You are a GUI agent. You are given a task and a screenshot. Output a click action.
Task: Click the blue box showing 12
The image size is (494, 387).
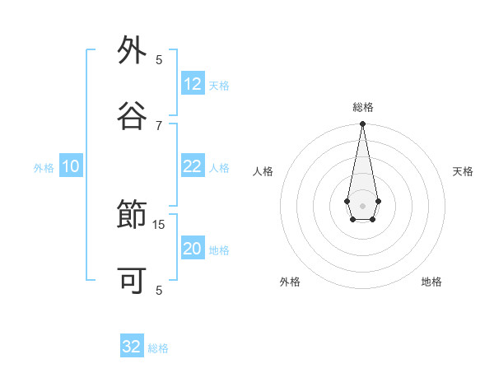tap(193, 84)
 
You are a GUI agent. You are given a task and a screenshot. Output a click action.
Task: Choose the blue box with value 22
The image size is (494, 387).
tap(193, 166)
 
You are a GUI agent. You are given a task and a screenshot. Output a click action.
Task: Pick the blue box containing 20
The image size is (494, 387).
tap(193, 249)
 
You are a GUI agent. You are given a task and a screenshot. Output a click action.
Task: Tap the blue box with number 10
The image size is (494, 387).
tap(71, 166)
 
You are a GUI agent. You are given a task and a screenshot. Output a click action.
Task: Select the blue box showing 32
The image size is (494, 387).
tap(132, 347)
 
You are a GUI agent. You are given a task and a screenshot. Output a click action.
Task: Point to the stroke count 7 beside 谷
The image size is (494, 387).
tap(159, 125)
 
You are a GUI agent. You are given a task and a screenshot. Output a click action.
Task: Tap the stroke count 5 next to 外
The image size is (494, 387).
tap(159, 60)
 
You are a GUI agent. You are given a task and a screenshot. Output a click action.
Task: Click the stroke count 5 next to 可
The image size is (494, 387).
tap(159, 290)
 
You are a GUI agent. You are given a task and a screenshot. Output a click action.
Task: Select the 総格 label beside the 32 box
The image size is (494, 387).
tap(158, 348)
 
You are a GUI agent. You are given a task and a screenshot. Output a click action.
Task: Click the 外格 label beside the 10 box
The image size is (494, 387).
tap(44, 168)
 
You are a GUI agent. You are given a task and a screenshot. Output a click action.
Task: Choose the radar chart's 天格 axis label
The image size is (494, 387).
tap(463, 171)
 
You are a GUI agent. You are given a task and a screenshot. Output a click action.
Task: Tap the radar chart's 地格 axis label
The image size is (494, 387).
tap(431, 282)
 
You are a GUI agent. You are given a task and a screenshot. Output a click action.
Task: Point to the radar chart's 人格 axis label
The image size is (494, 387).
tap(263, 171)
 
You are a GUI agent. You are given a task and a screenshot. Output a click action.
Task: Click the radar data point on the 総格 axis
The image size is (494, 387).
tap(362, 124)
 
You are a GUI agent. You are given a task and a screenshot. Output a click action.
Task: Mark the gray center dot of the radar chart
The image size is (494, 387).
tap(362, 204)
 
